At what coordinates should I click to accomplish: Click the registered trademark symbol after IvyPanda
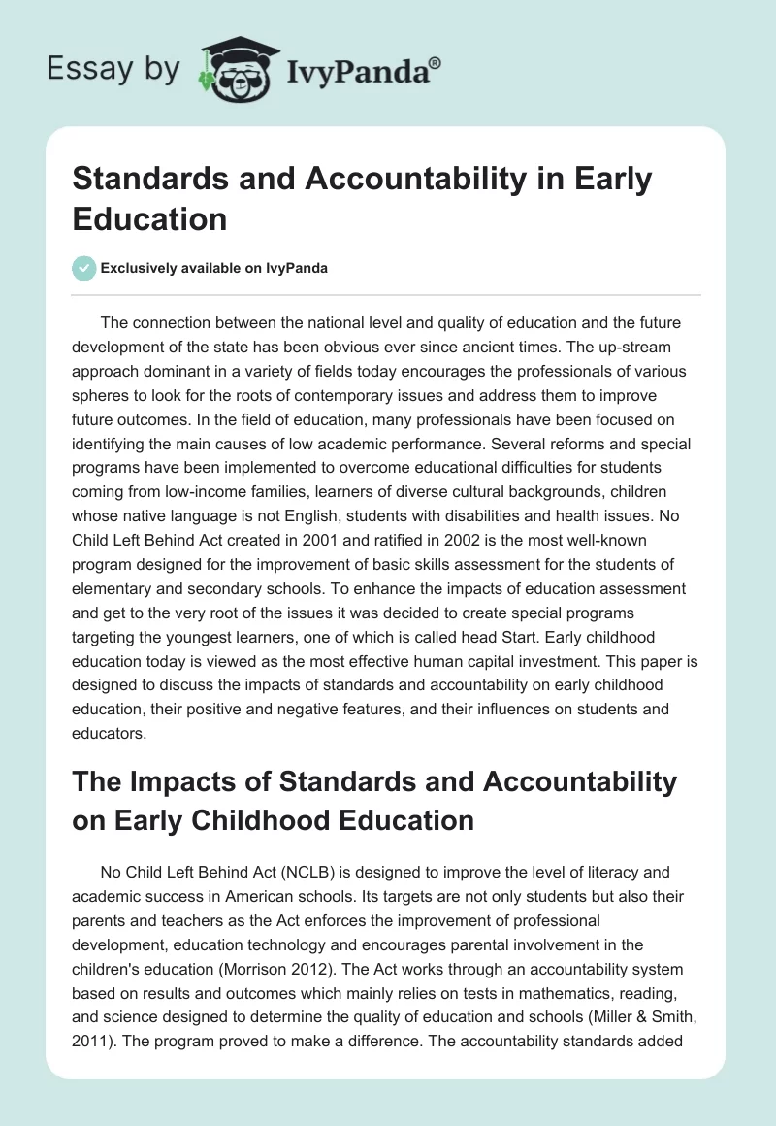(436, 62)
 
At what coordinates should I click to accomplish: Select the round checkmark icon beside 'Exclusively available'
(83, 268)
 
